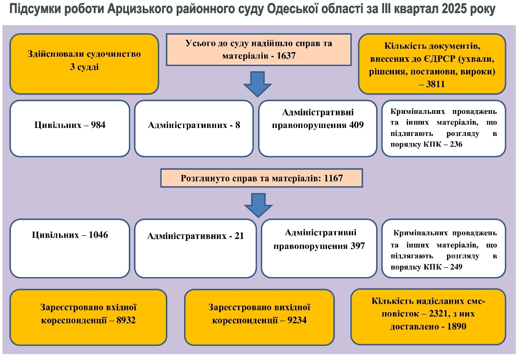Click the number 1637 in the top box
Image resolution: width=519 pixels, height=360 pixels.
[x=287, y=56]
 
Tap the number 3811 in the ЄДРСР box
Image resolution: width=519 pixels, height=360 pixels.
[x=434, y=84]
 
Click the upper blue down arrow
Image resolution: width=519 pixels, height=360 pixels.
[x=257, y=84]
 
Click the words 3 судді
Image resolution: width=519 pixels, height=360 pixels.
[x=84, y=67]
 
